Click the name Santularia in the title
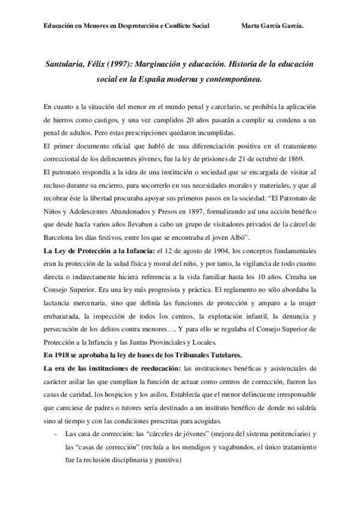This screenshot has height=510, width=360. tap(67, 63)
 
